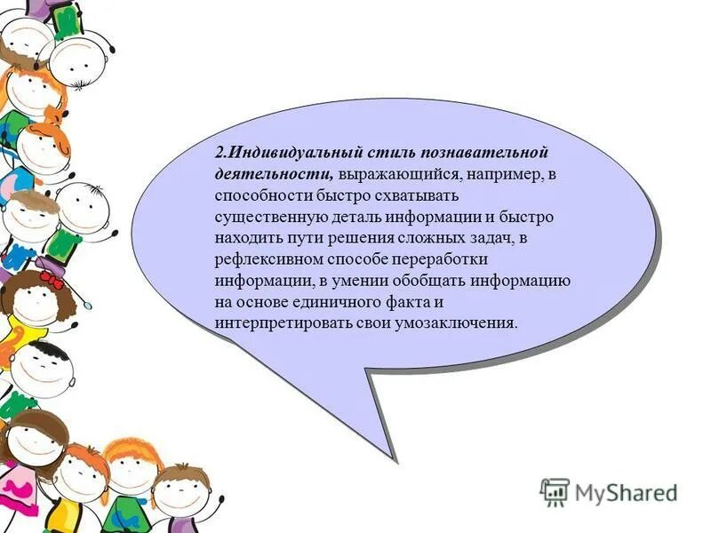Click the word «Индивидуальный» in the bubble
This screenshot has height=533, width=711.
pos(287,152)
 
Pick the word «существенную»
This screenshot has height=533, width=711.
pos(270,217)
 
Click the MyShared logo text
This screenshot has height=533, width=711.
pos(626,491)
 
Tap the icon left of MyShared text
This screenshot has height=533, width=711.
pos(554,491)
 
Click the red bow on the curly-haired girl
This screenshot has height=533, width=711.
pos(50,280)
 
